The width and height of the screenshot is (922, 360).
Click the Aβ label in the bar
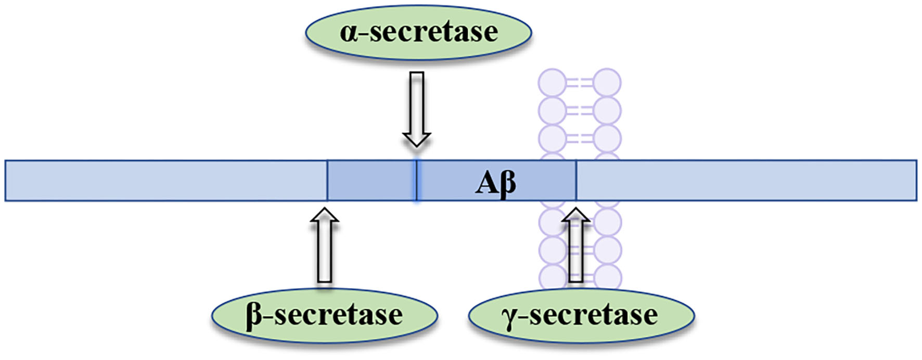point(495,183)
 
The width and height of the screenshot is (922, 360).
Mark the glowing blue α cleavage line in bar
point(416,181)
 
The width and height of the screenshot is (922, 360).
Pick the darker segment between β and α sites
point(371,181)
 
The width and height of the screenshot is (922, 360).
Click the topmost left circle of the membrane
point(552,83)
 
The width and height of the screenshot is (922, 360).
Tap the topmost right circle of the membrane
point(607,83)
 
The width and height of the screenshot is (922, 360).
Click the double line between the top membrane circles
point(579,83)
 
